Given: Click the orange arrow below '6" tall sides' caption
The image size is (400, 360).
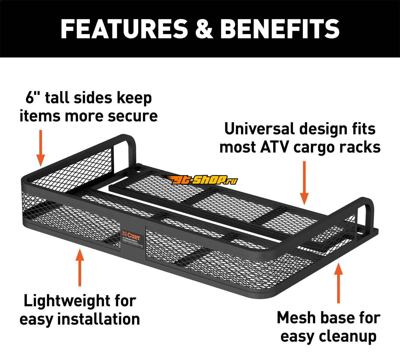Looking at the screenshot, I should coord(41,148).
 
